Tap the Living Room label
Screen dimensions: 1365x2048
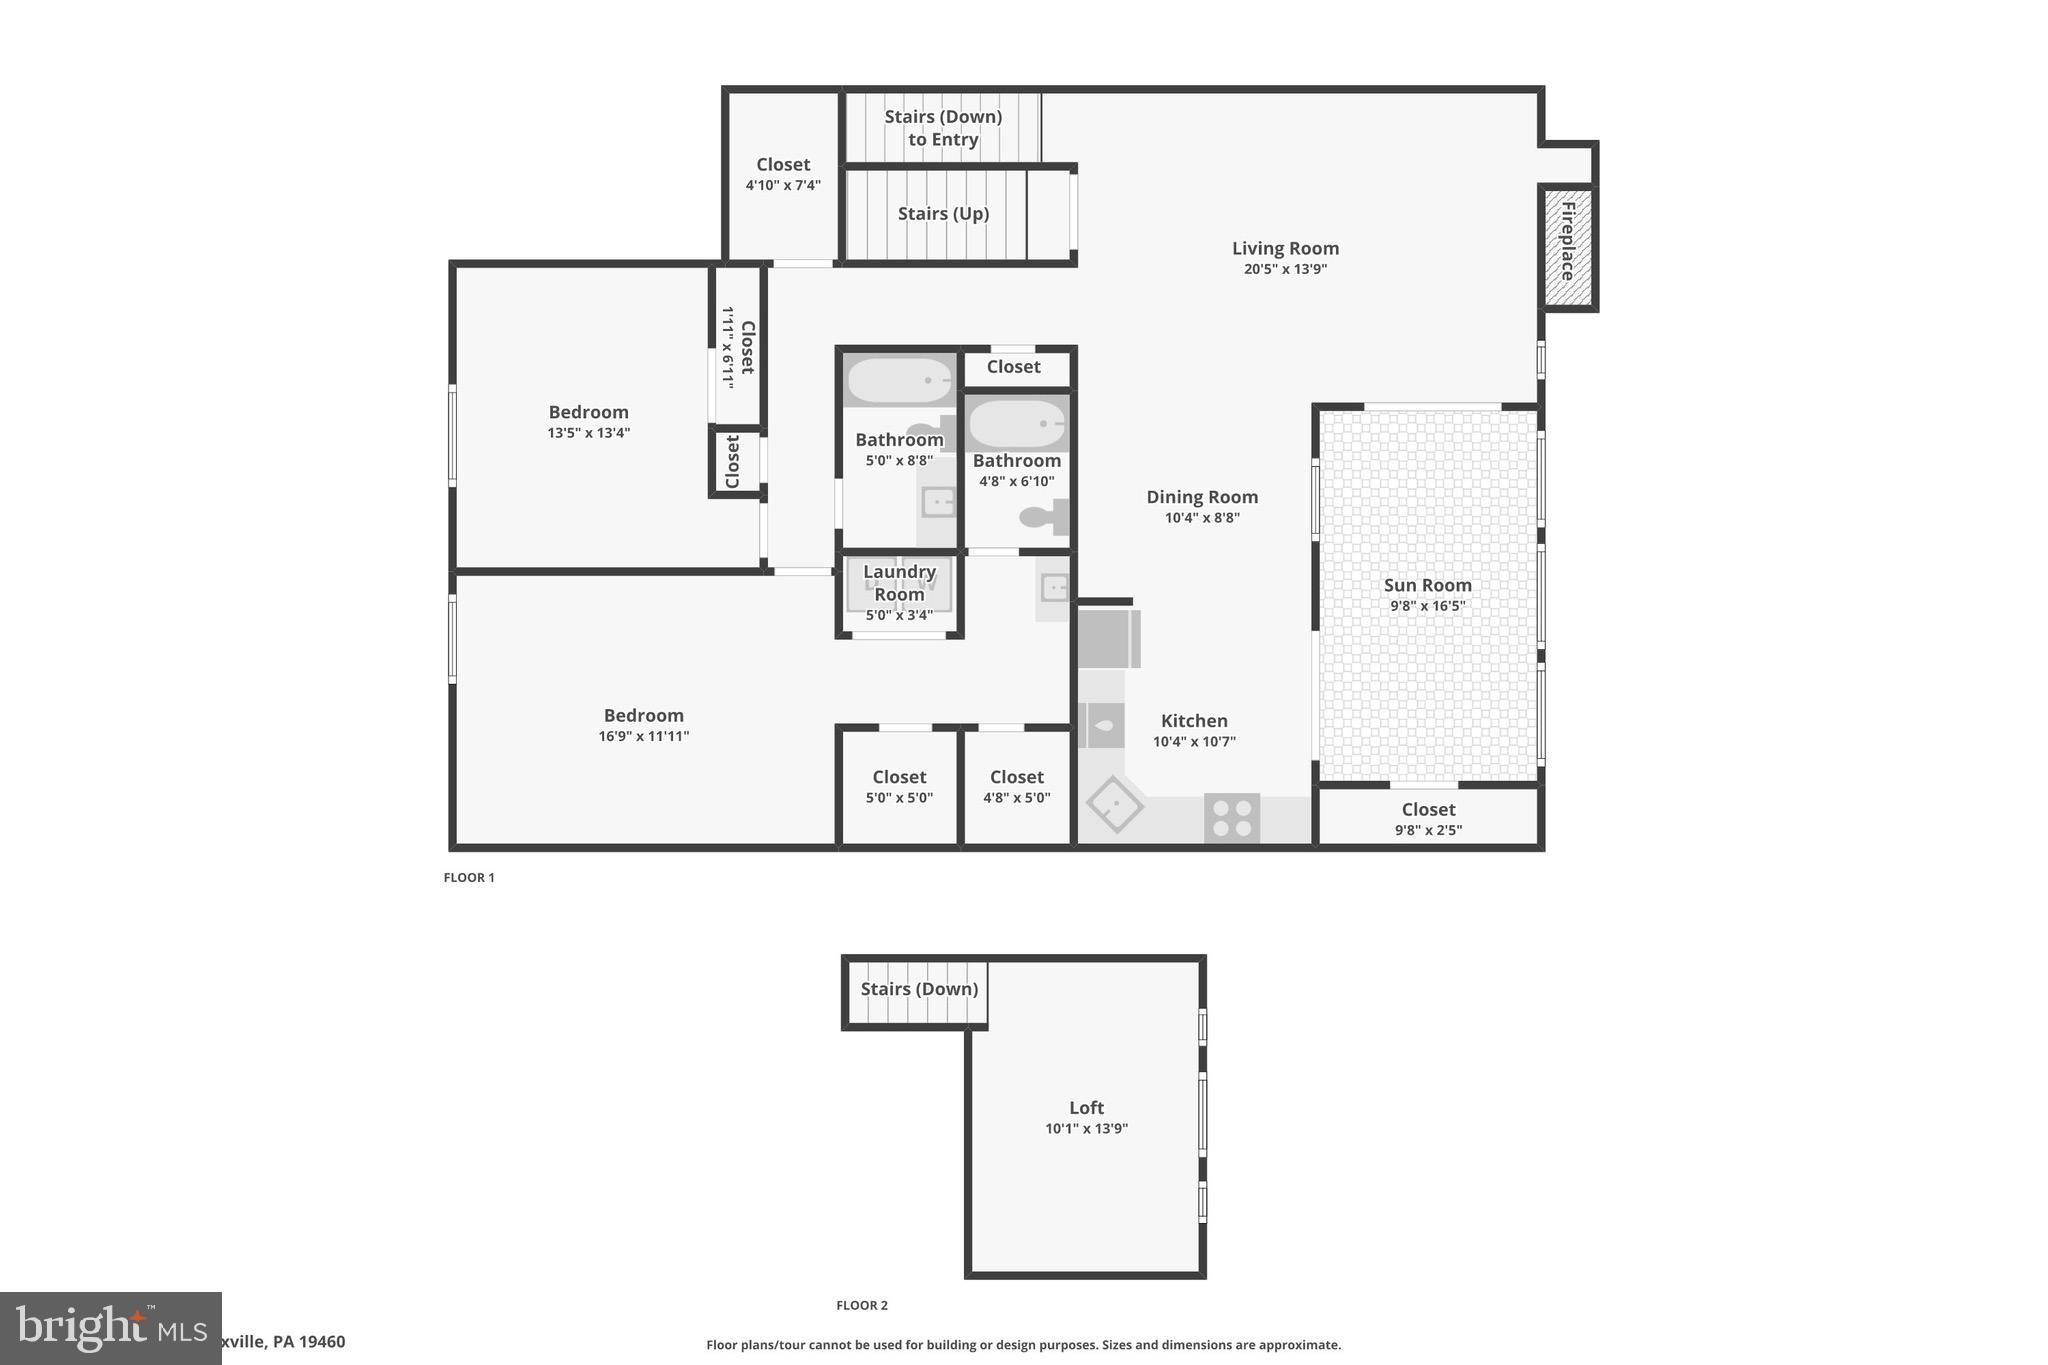1285,248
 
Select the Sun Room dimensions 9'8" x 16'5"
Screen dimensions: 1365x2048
1427,606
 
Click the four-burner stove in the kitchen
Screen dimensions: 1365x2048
1232,818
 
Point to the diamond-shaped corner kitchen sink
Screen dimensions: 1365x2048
1114,804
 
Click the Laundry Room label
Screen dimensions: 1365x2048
899,583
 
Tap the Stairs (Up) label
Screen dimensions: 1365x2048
943,214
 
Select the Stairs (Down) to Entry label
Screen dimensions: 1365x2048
943,128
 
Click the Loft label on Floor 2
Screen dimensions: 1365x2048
1086,1108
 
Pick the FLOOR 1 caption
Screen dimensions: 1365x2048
469,878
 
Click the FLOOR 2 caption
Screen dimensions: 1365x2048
862,1305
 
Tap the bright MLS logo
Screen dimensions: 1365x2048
110,1328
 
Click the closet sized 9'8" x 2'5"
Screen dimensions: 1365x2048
1428,818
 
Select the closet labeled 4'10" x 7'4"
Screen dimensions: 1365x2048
783,174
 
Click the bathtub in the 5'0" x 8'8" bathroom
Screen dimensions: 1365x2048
899,380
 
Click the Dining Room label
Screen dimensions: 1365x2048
1202,497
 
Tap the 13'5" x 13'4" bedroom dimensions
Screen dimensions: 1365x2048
588,433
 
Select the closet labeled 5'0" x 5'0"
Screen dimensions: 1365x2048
899,787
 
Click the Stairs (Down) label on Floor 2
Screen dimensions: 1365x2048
919,989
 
